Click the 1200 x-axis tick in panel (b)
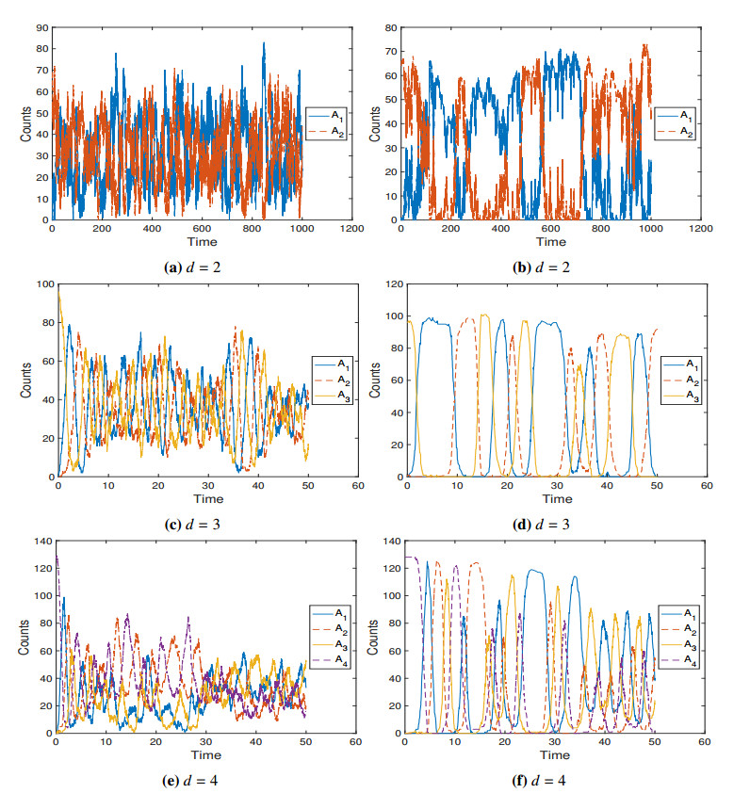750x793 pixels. [x=700, y=229]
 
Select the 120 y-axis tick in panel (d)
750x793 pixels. [x=388, y=284]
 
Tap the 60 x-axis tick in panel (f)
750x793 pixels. [x=705, y=742]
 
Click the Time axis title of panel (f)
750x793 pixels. [x=552, y=754]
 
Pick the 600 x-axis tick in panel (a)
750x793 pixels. [x=202, y=229]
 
